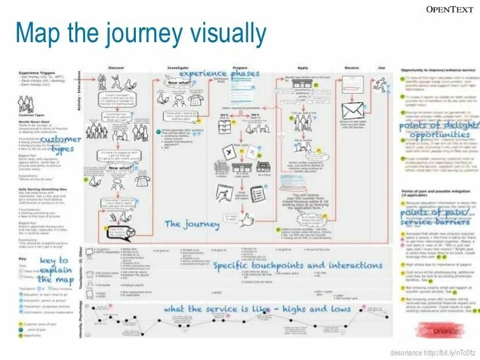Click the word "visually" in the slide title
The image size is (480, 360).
(221, 32)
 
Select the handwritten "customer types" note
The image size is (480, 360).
(60, 144)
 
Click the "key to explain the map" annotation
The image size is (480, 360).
(53, 270)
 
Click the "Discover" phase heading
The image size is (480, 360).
(116, 68)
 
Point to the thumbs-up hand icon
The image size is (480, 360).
(248, 216)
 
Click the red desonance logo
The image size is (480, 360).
(448, 328)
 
